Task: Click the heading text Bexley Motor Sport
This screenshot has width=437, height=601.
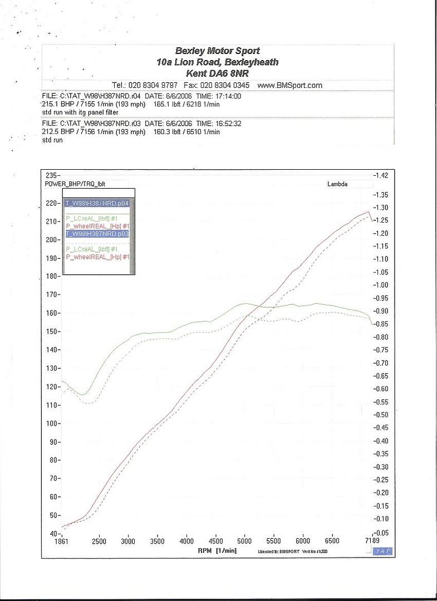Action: [x=217, y=51]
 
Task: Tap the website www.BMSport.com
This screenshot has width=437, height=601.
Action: [x=290, y=85]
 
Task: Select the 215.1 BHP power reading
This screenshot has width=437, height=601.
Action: [x=56, y=104]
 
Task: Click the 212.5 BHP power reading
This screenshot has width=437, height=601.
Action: [x=56, y=132]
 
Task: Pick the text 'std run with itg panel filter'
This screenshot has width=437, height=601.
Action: [x=80, y=112]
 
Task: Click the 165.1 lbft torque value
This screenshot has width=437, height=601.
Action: [x=170, y=104]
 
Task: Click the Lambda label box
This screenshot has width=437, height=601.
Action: [x=337, y=184]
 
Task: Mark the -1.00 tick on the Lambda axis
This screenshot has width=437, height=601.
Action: [x=381, y=285]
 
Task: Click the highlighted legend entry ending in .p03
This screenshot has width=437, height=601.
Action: [x=97, y=234]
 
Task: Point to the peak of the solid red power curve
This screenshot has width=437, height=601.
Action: [x=367, y=212]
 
